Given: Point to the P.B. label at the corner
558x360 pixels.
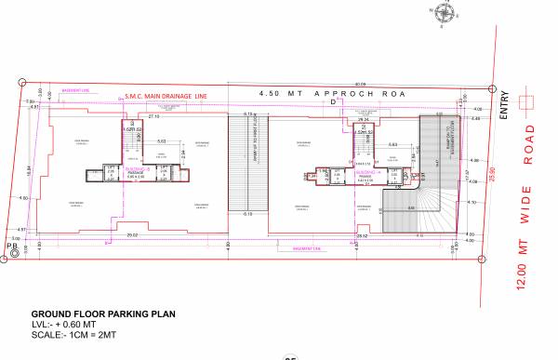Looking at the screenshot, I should point(12,246).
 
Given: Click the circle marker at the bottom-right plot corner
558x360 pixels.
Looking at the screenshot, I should point(482,262).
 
